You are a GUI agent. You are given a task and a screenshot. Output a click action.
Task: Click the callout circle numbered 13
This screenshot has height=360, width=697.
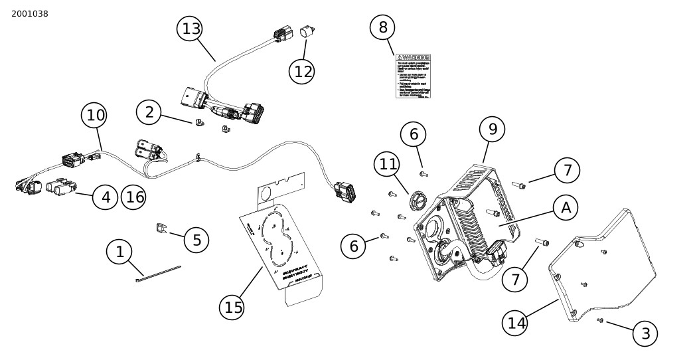click(190, 29)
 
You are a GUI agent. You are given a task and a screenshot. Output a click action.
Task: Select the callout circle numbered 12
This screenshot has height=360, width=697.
click(303, 71)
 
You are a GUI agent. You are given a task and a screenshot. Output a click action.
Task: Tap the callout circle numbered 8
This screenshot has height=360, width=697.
click(382, 27)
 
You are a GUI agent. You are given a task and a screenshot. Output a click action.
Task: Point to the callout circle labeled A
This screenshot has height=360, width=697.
click(566, 208)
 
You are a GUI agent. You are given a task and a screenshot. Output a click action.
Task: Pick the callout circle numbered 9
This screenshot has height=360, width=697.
click(492, 129)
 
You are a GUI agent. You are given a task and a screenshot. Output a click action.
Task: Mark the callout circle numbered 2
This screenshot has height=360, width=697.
click(149, 112)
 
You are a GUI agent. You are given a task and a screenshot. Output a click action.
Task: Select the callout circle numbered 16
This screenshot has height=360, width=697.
click(133, 197)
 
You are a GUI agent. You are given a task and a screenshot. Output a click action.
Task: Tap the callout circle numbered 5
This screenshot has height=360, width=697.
click(196, 240)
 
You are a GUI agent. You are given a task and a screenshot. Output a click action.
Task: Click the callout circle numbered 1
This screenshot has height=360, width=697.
click(119, 252)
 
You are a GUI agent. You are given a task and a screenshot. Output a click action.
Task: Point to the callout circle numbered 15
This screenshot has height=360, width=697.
click(233, 308)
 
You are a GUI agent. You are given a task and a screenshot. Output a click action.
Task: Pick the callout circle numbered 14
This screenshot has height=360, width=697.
click(516, 323)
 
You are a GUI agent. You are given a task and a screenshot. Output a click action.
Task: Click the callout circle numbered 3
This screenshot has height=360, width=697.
click(645, 333)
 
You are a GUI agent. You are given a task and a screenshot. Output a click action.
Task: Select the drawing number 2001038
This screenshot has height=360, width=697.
click(30, 14)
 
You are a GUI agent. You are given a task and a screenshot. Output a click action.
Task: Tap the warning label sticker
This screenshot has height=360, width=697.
click(413, 76)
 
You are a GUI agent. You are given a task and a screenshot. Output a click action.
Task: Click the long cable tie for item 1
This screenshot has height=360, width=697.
click(159, 273)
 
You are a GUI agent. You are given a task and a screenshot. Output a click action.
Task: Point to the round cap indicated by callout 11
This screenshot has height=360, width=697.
click(418, 200)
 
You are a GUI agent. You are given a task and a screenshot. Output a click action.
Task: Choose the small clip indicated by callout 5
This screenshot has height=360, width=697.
click(160, 228)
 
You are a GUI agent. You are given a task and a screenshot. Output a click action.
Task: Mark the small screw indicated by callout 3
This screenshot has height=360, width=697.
click(600, 321)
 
